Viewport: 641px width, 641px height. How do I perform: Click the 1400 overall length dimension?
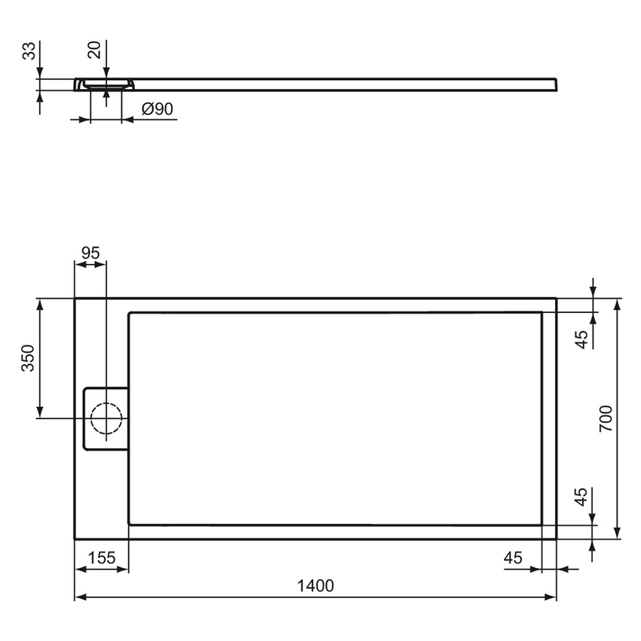click(x=315, y=585)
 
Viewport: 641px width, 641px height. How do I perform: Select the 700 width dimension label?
click(x=606, y=419)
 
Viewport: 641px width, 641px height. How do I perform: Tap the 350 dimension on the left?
click(x=27, y=359)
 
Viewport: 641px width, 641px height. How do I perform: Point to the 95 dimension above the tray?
click(x=90, y=253)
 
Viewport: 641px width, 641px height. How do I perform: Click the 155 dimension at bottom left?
click(x=102, y=558)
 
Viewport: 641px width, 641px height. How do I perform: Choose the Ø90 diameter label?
click(x=158, y=109)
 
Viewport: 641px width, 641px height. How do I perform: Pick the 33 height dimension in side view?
click(x=28, y=51)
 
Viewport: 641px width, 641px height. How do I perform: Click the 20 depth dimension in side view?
click(x=94, y=51)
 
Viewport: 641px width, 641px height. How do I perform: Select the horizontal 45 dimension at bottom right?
click(x=513, y=558)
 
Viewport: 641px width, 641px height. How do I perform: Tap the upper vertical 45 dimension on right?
click(x=581, y=339)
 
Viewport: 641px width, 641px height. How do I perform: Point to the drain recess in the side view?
click(x=106, y=85)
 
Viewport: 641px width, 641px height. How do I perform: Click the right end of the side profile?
click(x=556, y=83)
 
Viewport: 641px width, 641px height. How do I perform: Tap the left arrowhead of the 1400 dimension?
click(x=78, y=597)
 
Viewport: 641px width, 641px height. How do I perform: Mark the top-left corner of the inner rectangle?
click(x=130, y=313)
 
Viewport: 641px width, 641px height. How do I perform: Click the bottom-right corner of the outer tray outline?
click(x=556, y=538)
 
